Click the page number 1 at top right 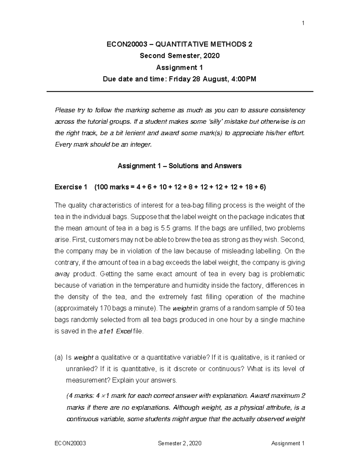coord(303,23)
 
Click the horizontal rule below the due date coord(180,92)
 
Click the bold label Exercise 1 coord(71,187)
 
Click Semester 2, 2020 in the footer coord(179,443)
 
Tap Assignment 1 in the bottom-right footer coord(288,443)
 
